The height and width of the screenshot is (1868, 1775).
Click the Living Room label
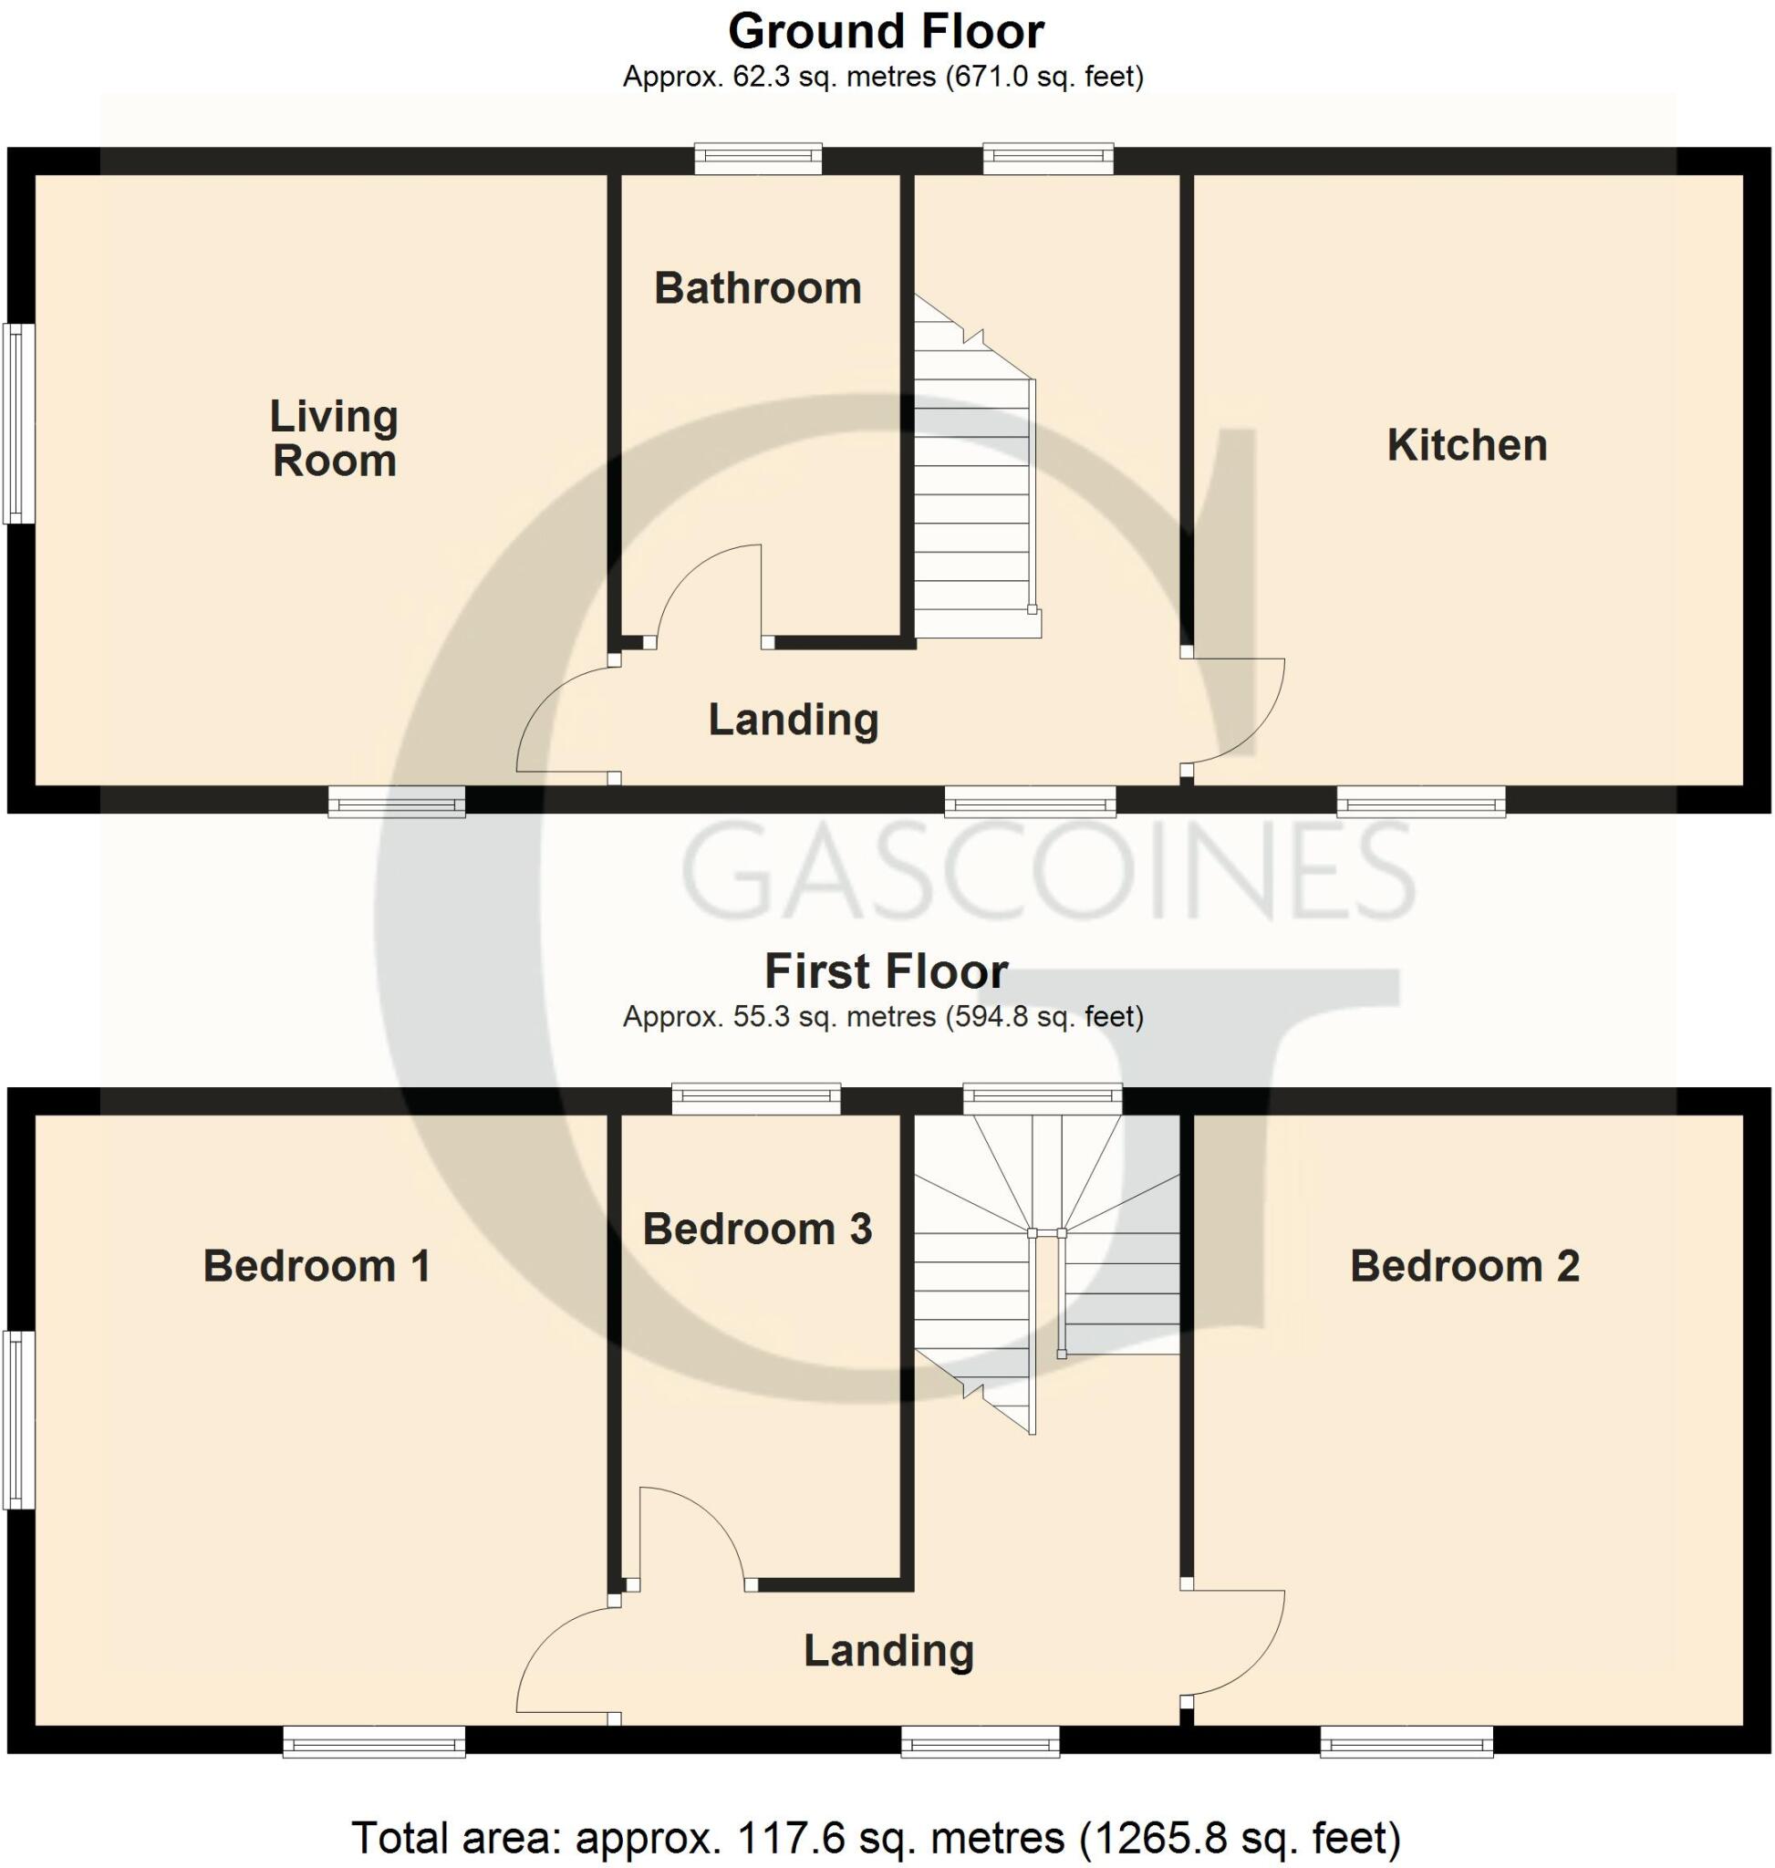pyautogui.click(x=334, y=438)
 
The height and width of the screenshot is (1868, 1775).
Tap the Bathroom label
pyautogui.click(x=758, y=288)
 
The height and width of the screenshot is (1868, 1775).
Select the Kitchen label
pyautogui.click(x=1467, y=446)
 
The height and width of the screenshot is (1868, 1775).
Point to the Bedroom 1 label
pyautogui.click(x=317, y=1266)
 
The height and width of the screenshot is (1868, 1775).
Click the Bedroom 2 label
pyautogui.click(x=1465, y=1266)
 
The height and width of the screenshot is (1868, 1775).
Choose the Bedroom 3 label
pyautogui.click(x=757, y=1230)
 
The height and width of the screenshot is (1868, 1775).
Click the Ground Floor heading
pyautogui.click(x=886, y=32)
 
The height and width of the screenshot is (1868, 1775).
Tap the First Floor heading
pyautogui.click(x=886, y=971)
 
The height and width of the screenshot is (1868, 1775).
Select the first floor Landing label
pyautogui.click(x=888, y=1650)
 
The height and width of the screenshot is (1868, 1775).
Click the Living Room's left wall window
pyautogui.click(x=18, y=423)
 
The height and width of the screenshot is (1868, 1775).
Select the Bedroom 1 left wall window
pyautogui.click(x=18, y=1419)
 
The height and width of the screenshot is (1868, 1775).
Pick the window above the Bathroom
pyautogui.click(x=758, y=159)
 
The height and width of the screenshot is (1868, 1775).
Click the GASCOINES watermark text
pyautogui.click(x=1048, y=870)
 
